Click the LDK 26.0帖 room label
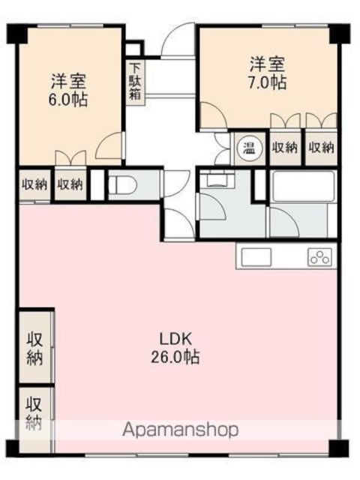[175, 348]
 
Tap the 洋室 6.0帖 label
[68, 90]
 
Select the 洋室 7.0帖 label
[267, 73]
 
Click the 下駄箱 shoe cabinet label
[135, 82]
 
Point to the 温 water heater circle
[249, 148]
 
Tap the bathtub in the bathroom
[302, 186]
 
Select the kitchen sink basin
[256, 256]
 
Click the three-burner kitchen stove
[320, 256]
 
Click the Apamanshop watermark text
[181, 430]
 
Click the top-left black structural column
[17, 34]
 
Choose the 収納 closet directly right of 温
[285, 148]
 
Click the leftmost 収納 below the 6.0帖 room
[34, 185]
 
